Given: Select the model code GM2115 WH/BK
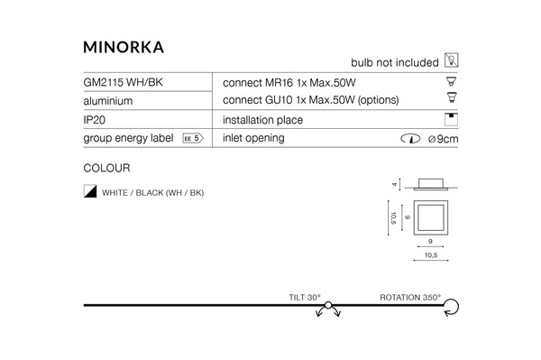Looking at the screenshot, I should [123, 82].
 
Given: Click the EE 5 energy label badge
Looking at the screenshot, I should [192, 139].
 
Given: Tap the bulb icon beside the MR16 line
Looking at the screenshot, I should [452, 80].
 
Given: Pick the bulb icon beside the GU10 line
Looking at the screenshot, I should [452, 99].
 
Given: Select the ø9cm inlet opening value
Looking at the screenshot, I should [444, 139].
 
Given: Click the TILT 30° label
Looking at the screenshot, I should [306, 297].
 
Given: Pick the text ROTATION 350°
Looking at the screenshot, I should [410, 297].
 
